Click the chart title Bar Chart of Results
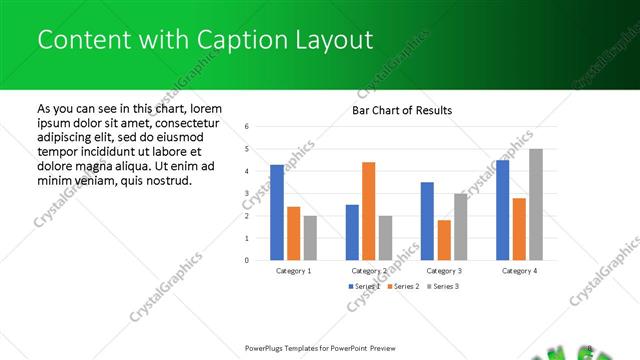(402, 110)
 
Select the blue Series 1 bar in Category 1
(277, 212)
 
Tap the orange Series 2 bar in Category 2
(368, 211)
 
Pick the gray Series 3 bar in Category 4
(536, 204)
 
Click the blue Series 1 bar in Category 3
(427, 221)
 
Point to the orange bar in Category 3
(444, 240)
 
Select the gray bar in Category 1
(310, 238)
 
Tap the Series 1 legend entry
(364, 286)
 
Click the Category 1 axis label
(294, 271)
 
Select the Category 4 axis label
(519, 271)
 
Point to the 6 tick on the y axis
(246, 127)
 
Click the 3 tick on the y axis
(246, 193)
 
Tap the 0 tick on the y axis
(246, 260)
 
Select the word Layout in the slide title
(332, 40)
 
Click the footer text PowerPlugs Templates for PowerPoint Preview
(320, 348)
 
